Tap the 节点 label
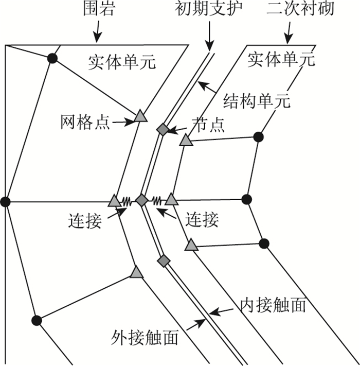[208, 126]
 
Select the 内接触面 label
[273, 305]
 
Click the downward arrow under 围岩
[97, 35]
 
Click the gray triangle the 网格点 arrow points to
[140, 116]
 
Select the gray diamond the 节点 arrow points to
[163, 130]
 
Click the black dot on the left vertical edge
[5, 201]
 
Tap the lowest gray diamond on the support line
[164, 262]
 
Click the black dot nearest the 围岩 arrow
[51, 58]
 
